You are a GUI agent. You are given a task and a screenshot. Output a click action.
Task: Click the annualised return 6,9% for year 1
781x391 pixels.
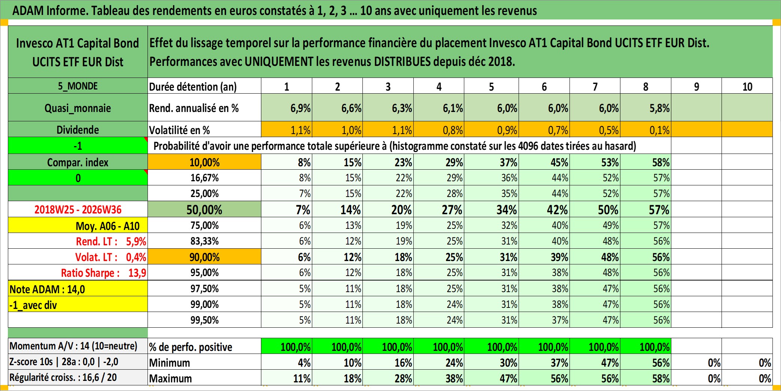click(300, 108)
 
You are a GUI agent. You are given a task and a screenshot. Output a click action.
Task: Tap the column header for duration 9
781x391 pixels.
click(696, 87)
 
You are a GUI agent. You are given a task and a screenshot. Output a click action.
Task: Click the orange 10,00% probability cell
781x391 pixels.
click(204, 162)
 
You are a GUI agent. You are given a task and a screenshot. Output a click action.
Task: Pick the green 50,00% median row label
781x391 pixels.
click(204, 209)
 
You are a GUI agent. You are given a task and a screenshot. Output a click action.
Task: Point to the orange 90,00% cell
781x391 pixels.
click(204, 257)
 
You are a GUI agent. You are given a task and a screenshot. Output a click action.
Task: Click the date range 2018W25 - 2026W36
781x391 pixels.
click(78, 209)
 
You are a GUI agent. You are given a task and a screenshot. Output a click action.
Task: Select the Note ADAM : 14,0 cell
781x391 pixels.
click(78, 289)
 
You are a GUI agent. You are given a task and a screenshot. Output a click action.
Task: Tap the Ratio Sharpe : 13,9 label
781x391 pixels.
click(104, 273)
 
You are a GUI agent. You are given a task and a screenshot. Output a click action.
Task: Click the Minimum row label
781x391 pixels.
click(170, 363)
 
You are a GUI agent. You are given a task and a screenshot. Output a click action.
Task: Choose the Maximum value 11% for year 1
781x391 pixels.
click(302, 379)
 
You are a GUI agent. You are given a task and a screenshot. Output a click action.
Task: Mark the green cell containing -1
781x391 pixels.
click(78, 146)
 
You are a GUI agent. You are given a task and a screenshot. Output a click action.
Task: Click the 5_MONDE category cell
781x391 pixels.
click(78, 86)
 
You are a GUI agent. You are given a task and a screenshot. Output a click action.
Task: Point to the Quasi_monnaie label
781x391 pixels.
click(78, 108)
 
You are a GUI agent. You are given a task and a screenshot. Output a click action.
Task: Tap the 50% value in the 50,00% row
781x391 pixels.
click(608, 210)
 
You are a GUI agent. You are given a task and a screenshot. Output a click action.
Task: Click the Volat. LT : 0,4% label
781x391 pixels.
click(111, 257)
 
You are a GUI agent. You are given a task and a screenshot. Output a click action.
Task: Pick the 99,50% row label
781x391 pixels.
click(204, 320)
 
